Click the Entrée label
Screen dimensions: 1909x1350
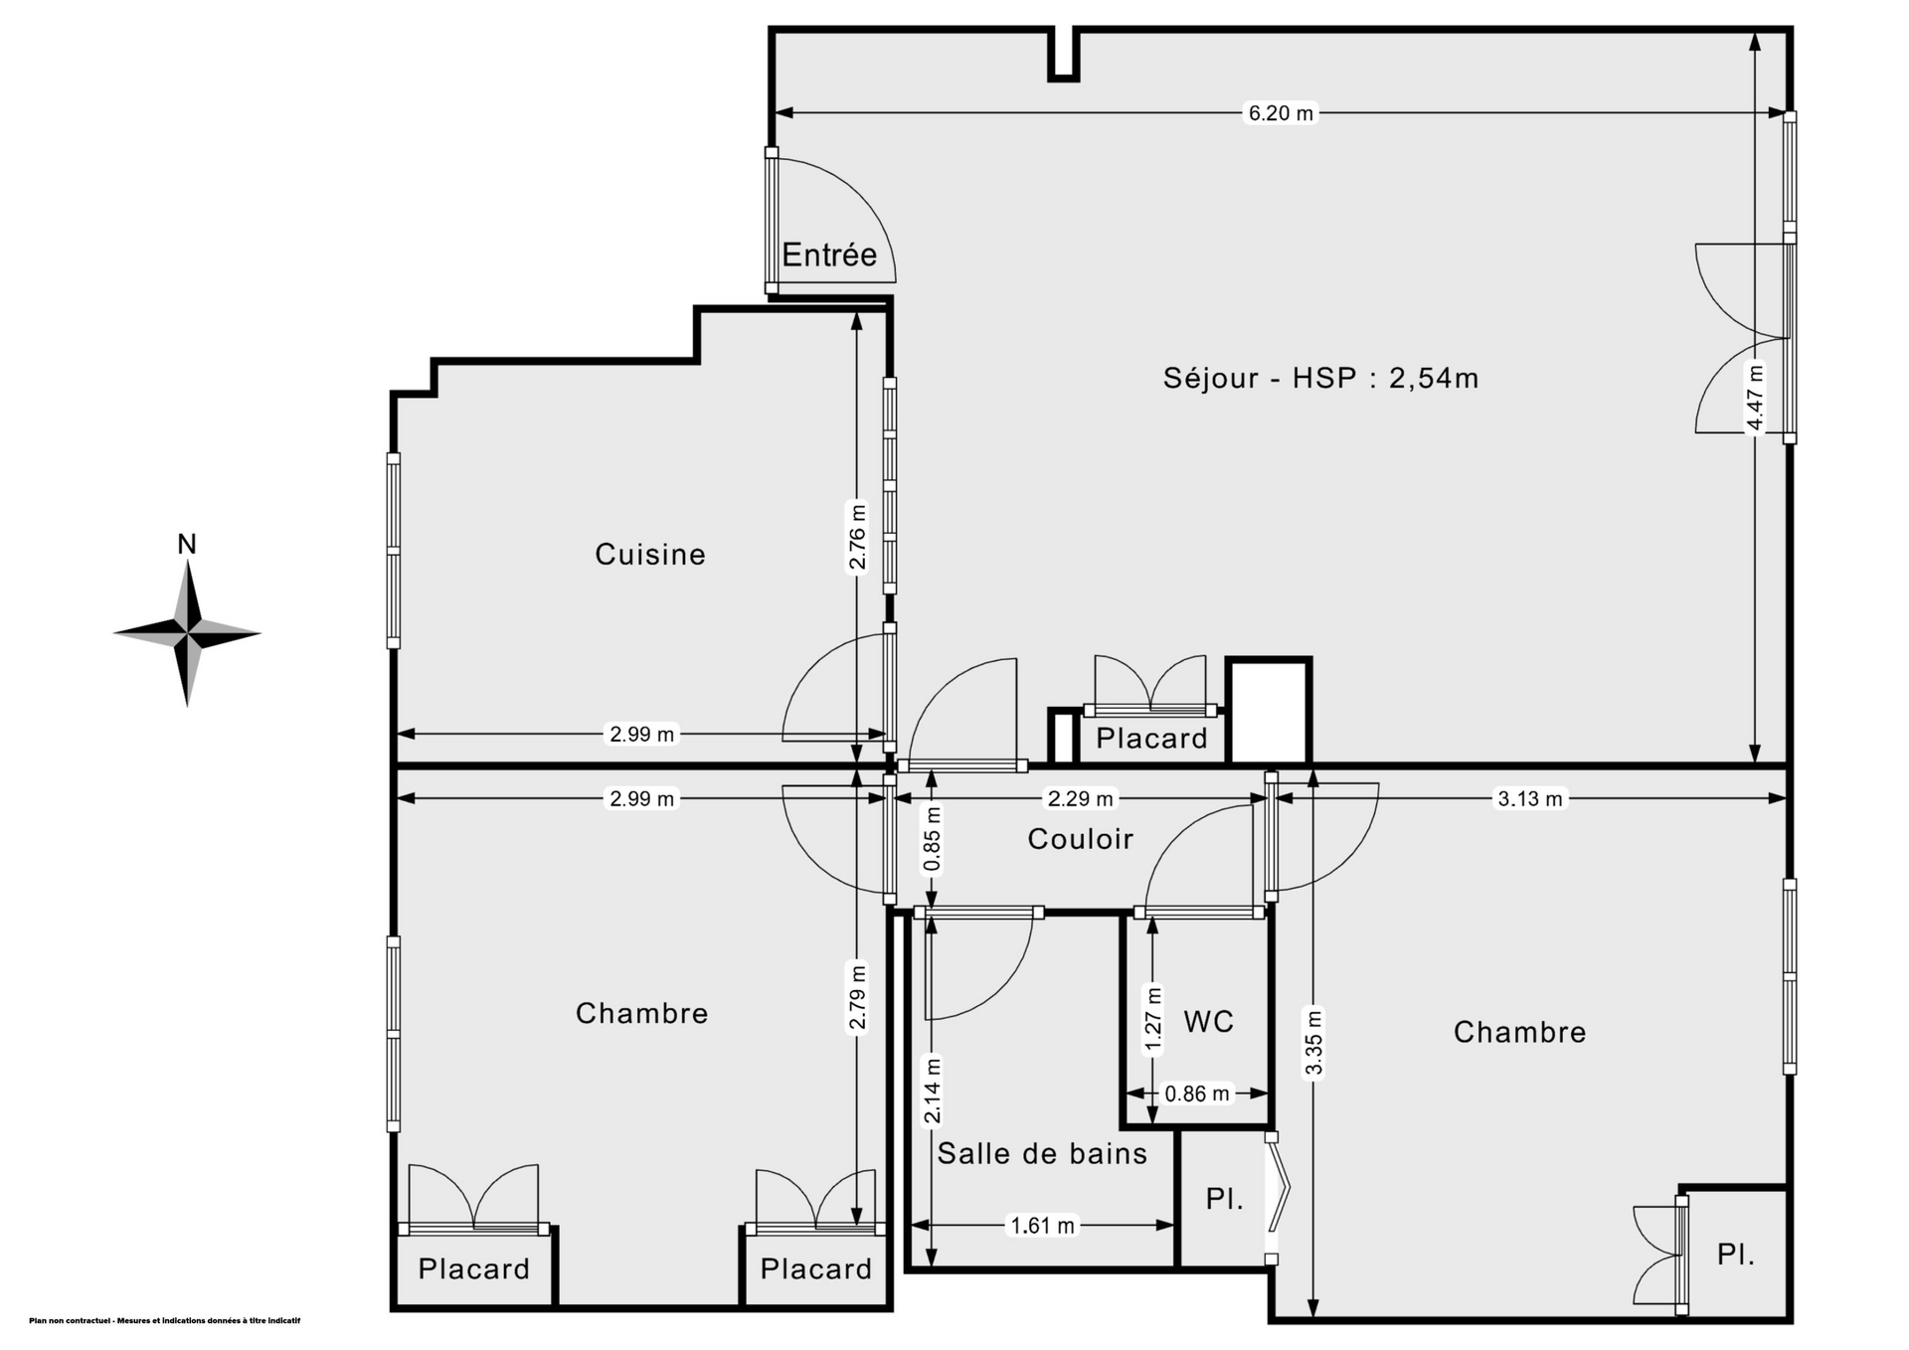pyautogui.click(x=829, y=254)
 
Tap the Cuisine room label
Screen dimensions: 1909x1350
pyautogui.click(x=650, y=554)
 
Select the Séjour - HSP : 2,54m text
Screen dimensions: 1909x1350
pyautogui.click(x=1321, y=378)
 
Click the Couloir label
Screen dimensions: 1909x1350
pyautogui.click(x=1081, y=839)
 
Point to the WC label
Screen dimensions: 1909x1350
pyautogui.click(x=1209, y=1021)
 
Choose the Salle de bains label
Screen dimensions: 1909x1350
pyautogui.click(x=1042, y=1153)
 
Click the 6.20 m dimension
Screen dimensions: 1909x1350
pyautogui.click(x=1282, y=113)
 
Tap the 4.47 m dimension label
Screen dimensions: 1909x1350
pyautogui.click(x=1756, y=398)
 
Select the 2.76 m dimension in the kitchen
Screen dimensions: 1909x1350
pyautogui.click(x=857, y=537)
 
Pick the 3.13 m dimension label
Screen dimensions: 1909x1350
pyautogui.click(x=1530, y=798)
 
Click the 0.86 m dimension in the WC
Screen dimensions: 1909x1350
pyautogui.click(x=1197, y=1094)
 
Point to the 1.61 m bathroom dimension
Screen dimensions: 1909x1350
pyautogui.click(x=1043, y=1226)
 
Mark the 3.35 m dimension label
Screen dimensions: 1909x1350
pyautogui.click(x=1314, y=1043)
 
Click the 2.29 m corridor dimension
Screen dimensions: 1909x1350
pyautogui.click(x=1081, y=798)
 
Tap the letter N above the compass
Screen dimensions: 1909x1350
pyautogui.click(x=187, y=544)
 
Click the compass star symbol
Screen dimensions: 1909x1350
pyautogui.click(x=187, y=632)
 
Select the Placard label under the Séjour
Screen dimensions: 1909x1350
pyautogui.click(x=1151, y=738)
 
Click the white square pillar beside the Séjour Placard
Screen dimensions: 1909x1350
pyautogui.click(x=1270, y=711)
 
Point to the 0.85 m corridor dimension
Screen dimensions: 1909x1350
pyautogui.click(x=933, y=838)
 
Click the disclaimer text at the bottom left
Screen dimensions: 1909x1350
pyautogui.click(x=165, y=1321)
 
